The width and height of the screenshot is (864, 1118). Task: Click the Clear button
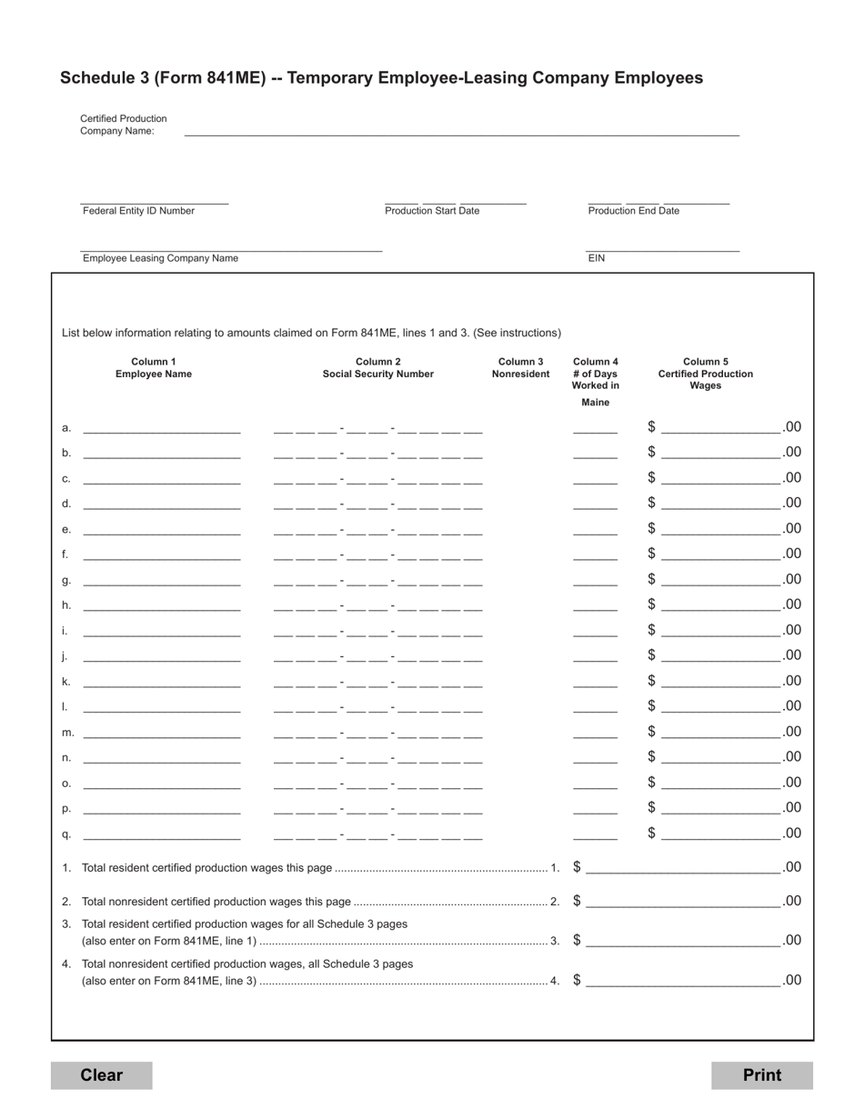pos(101,1075)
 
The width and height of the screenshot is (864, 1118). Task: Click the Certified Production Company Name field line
pos(461,134)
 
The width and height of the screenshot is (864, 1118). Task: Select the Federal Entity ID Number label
pos(138,211)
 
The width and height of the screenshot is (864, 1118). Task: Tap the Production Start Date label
pos(432,211)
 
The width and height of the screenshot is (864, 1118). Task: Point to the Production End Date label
pos(633,211)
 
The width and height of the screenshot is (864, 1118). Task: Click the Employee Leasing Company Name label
pos(160,258)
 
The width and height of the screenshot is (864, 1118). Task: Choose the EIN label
pos(597,258)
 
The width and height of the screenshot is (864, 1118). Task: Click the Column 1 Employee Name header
pos(154,368)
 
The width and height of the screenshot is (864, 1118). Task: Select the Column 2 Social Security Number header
pos(377,368)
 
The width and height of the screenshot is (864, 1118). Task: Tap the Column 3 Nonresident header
pos(520,368)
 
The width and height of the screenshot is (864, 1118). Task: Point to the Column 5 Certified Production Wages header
pos(705,374)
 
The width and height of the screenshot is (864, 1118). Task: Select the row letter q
pos(65,834)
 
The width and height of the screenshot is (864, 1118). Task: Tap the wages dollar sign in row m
pos(651,731)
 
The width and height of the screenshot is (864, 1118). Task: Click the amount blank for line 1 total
pos(682,870)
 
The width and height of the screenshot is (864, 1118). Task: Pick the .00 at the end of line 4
pos(791,980)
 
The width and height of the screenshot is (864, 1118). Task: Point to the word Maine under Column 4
pos(596,403)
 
